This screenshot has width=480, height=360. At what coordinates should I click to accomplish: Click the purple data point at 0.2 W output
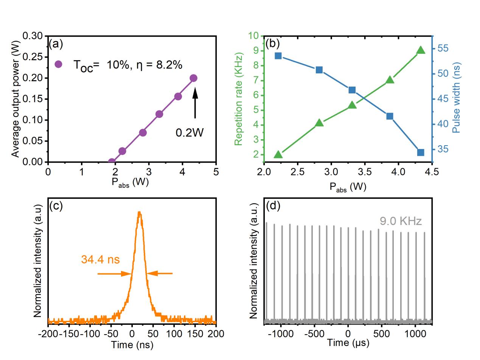point(193,78)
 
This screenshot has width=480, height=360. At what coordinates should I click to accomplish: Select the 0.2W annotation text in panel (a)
point(190,133)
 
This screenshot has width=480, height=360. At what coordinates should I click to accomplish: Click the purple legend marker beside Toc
point(58,64)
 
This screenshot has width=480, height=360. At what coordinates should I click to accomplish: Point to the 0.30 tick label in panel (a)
point(33,36)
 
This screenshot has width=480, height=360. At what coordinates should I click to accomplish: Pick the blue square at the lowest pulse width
point(421,152)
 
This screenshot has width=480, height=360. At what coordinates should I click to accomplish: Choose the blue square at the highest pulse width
point(278,56)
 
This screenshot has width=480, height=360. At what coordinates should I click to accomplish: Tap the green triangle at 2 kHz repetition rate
point(278,154)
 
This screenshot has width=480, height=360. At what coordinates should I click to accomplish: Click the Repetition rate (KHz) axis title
point(238,99)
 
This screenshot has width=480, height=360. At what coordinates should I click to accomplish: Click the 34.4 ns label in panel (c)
point(100,260)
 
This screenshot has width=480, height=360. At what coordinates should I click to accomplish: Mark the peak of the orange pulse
point(140,213)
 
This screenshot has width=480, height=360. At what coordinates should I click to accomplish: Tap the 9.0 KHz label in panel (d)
point(401,221)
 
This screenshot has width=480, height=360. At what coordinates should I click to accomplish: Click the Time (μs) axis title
point(348,343)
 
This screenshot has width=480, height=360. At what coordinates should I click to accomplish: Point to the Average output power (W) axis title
point(15,99)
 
